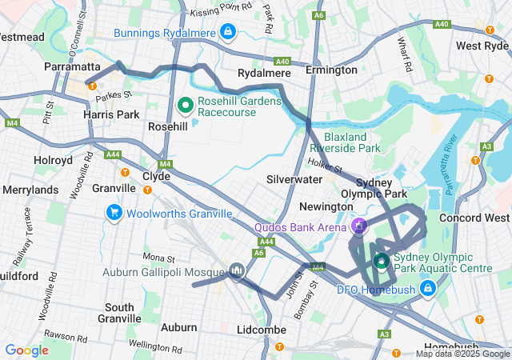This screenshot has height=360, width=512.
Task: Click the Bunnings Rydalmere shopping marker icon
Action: pyautogui.click(x=228, y=32)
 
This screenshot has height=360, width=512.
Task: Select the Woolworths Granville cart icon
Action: pyautogui.click(x=114, y=213)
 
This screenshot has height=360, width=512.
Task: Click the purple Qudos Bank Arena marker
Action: pyautogui.click(x=360, y=226)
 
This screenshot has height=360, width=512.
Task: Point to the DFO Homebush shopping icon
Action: pyautogui.click(x=428, y=286)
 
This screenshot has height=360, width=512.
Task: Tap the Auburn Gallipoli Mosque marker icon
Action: pyautogui.click(x=236, y=271)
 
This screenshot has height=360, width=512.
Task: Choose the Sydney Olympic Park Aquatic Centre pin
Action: pyautogui.click(x=382, y=261)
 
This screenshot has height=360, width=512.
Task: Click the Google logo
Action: pyautogui.click(x=26, y=350)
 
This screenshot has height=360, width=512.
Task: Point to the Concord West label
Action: pyautogui.click(x=474, y=218)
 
